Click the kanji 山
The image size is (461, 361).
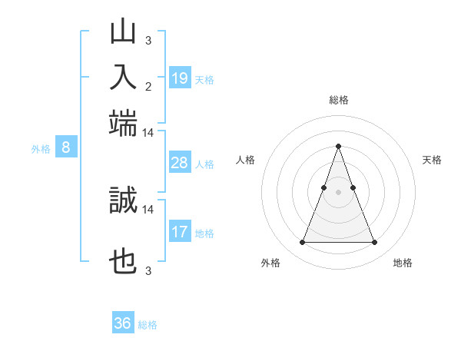(x=123, y=32)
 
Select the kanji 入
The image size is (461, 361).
(x=123, y=78)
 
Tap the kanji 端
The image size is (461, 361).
(x=123, y=123)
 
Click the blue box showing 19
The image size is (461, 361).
(x=180, y=78)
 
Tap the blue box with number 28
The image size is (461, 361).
(x=180, y=163)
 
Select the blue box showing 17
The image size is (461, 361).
(x=180, y=231)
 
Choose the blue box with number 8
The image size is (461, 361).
(x=66, y=148)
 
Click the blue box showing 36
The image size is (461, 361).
(x=123, y=323)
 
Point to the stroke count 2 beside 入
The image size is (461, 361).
(x=148, y=86)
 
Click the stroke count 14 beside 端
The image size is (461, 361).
(x=148, y=132)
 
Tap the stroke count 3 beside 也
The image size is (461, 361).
(x=148, y=270)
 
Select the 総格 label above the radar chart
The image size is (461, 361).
(x=338, y=100)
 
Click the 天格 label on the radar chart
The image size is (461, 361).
(x=432, y=160)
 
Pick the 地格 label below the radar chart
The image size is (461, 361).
(x=403, y=263)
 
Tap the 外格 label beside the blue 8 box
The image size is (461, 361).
(x=40, y=149)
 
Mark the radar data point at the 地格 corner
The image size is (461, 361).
(x=374, y=243)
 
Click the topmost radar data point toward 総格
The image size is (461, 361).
(x=338, y=146)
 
